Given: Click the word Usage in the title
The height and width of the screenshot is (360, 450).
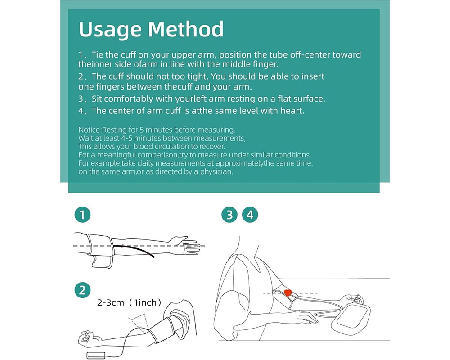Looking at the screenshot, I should (x=110, y=30).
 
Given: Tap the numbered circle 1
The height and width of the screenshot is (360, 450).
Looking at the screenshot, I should (x=82, y=215).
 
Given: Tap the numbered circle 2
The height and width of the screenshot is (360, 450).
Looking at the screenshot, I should (x=82, y=290).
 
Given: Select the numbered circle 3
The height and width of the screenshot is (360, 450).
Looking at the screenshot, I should (x=229, y=215).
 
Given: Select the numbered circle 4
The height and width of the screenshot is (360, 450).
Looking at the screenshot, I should (x=251, y=215).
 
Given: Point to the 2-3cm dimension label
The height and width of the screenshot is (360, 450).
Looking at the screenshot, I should (x=111, y=303).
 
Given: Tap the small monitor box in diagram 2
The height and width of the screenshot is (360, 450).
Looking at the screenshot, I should (x=96, y=355).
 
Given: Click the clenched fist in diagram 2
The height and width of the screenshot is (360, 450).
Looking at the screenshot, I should (x=85, y=337).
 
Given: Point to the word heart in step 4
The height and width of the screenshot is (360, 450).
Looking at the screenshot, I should (x=293, y=111).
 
